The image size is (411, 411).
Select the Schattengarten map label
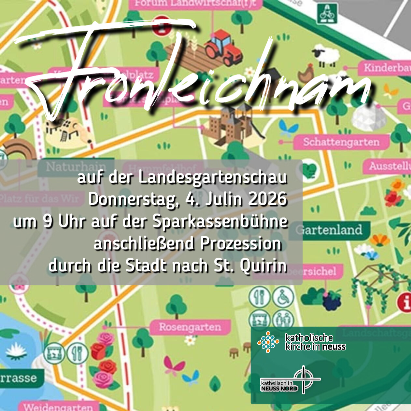[x=341, y=142]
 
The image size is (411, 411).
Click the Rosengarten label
[x=190, y=327]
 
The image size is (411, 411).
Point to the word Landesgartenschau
[x=213, y=178]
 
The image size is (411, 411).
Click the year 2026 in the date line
[x=268, y=199]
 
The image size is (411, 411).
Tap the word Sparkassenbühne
[x=220, y=221]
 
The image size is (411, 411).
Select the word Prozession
[x=241, y=243]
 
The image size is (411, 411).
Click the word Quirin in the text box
[x=263, y=266]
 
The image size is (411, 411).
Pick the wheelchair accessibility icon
[x=283, y=297]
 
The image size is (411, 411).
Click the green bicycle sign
[x=327, y=14]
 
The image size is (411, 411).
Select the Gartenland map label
[x=332, y=230]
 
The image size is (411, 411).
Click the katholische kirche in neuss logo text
[x=315, y=342]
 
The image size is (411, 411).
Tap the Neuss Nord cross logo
[x=304, y=380]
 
